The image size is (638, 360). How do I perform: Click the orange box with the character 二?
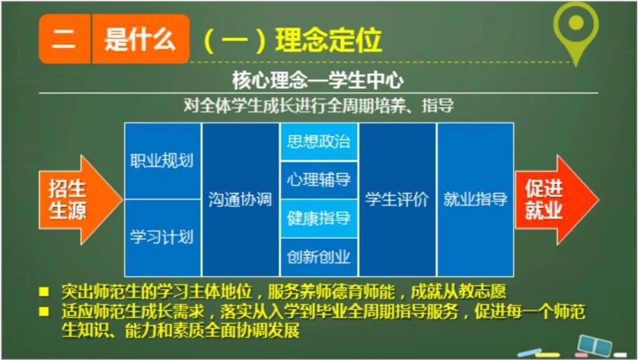click(64, 39)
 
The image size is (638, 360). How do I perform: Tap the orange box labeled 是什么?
click(140, 39)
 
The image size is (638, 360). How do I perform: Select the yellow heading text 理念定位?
click(328, 40)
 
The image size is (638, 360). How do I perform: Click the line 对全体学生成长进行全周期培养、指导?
click(318, 106)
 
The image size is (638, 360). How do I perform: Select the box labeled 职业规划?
click(162, 161)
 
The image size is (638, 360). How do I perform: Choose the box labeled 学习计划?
click(162, 238)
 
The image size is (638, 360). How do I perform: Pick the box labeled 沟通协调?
click(240, 200)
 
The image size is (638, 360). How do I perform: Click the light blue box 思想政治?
click(319, 142)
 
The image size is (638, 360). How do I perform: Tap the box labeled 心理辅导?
click(319, 180)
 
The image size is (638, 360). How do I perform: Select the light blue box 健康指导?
click(319, 219)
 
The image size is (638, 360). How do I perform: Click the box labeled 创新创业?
click(319, 257)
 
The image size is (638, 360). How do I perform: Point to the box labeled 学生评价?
click(397, 200)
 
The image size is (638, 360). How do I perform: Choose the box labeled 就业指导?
click(476, 200)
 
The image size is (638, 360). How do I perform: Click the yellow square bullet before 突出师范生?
click(44, 292)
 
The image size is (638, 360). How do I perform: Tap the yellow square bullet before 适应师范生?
click(44, 311)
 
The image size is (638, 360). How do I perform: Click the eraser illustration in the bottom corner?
click(594, 345)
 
